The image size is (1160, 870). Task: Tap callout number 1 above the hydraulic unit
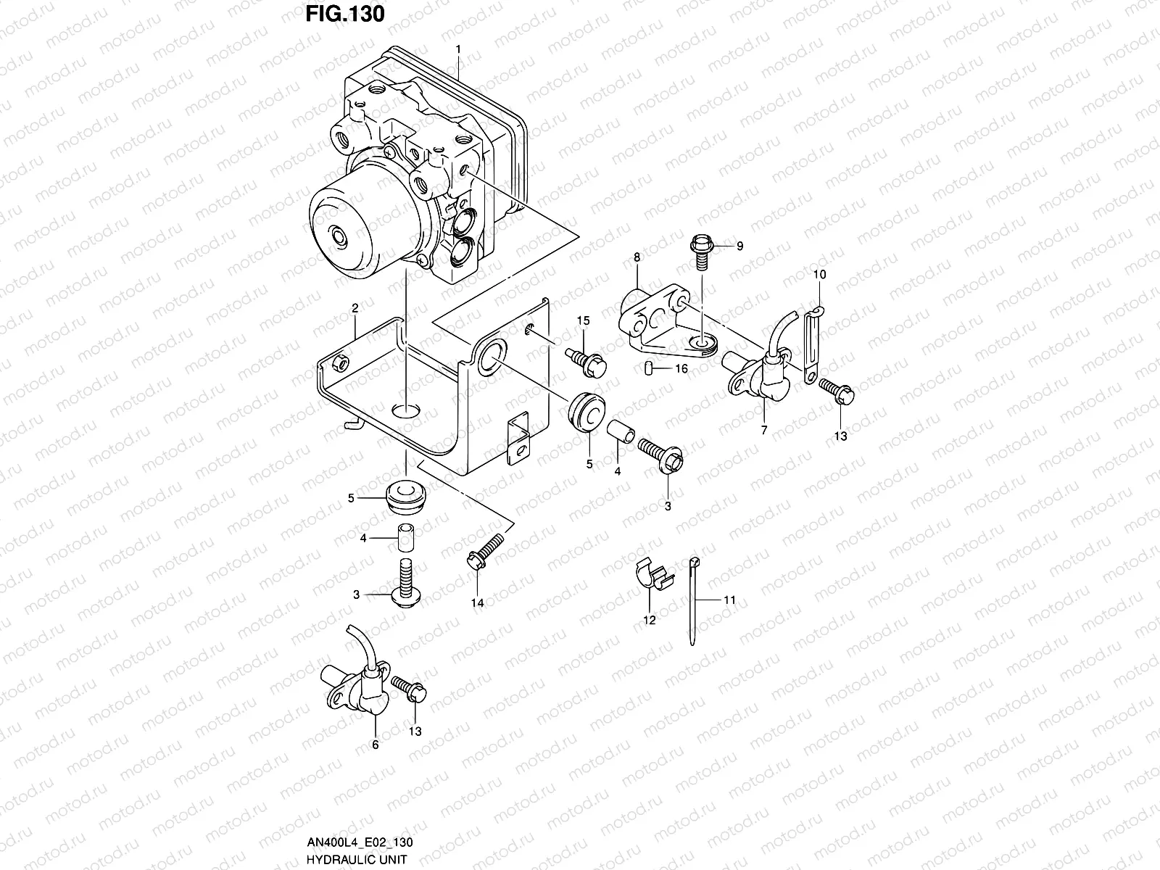[x=458, y=49]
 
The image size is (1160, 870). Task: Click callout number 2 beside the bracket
[x=355, y=308]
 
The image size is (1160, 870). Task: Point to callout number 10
[x=819, y=275]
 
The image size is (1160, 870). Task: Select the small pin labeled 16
[x=649, y=369]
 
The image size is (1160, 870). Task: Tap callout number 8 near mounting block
[x=637, y=257]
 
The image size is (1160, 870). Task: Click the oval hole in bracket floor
[x=407, y=411]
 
